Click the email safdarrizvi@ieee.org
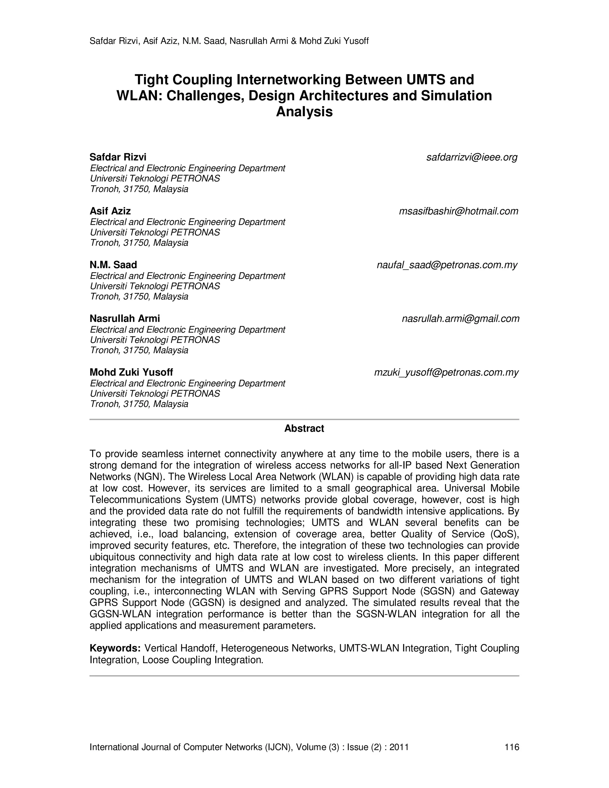click(x=472, y=157)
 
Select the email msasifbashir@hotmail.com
click(x=458, y=211)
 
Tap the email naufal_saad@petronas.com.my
click(x=447, y=265)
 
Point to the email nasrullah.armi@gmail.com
click(x=460, y=318)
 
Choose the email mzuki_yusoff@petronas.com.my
click(x=446, y=372)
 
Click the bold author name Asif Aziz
click(x=110, y=211)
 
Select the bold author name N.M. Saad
click(x=113, y=265)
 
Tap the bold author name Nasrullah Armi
click(x=125, y=318)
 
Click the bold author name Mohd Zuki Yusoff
click(x=131, y=372)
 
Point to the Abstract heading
click(x=304, y=428)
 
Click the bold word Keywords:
click(x=115, y=648)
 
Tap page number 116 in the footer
click(x=511, y=747)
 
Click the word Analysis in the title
click(x=304, y=112)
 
